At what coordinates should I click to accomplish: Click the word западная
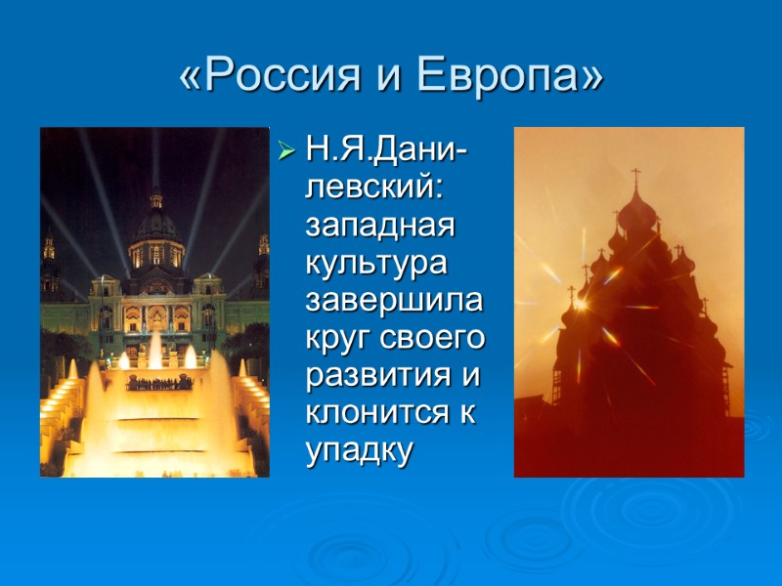point(381,227)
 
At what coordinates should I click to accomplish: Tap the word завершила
point(394,301)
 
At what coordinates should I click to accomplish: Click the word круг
point(338,338)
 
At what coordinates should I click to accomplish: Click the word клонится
point(377,412)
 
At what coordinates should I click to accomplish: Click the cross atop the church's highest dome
point(636,179)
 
